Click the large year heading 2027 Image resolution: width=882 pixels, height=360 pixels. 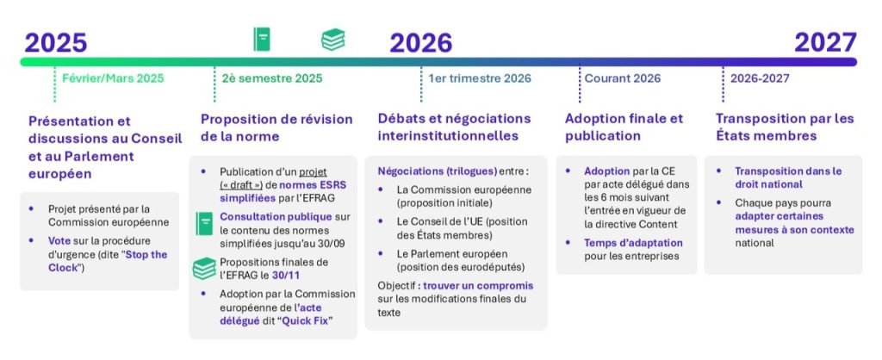tap(825, 43)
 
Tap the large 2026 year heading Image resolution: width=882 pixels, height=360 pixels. tap(420, 43)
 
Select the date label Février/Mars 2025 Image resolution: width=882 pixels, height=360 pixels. tap(113, 78)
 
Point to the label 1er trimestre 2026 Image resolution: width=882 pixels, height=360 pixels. tap(480, 78)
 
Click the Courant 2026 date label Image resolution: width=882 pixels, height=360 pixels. tap(623, 78)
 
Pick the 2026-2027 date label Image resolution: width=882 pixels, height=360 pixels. tap(760, 78)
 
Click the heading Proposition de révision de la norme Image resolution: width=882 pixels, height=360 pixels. tap(276, 127)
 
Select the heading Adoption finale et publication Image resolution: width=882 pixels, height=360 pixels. tap(624, 127)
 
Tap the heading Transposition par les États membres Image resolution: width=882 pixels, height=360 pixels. tap(785, 127)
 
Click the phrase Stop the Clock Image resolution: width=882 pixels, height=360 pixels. tap(107, 261)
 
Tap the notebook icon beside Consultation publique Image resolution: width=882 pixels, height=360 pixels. tap(204, 223)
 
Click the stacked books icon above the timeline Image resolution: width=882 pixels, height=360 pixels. tap(333, 40)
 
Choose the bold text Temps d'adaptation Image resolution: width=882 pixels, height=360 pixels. tap(633, 243)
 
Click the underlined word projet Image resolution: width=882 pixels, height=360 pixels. tap(313, 171)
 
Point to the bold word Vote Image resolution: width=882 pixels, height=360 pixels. tap(59, 241)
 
